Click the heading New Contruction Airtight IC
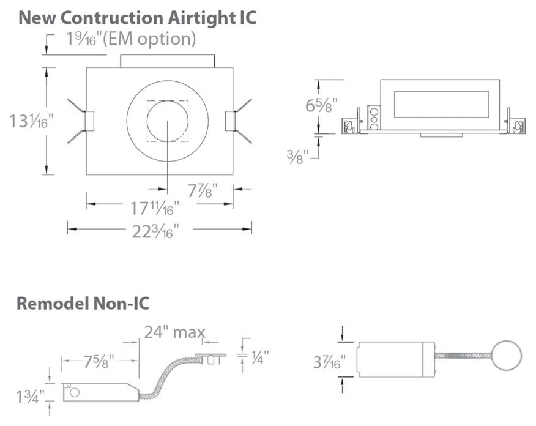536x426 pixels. pyautogui.click(x=137, y=17)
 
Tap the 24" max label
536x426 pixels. pyautogui.click(x=174, y=332)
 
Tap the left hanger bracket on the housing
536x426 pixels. pyautogui.click(x=86, y=121)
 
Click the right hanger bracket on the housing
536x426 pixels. pyautogui.click(x=232, y=121)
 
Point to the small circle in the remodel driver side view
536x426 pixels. pyautogui.click(x=76, y=392)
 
